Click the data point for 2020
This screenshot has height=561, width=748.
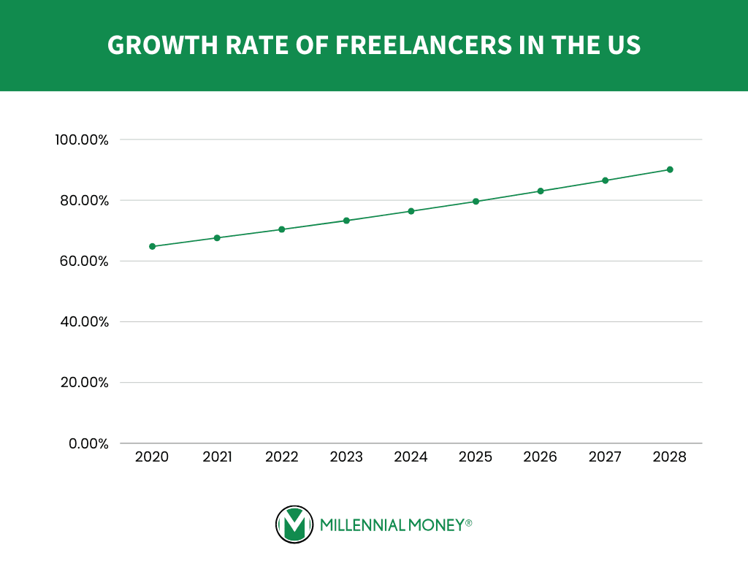pyautogui.click(x=153, y=246)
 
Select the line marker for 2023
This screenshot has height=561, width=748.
pyautogui.click(x=346, y=221)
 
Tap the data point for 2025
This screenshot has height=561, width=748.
pyautogui.click(x=476, y=202)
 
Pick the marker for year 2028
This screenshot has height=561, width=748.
pyautogui.click(x=670, y=169)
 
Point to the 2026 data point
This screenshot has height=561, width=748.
pyautogui.click(x=541, y=191)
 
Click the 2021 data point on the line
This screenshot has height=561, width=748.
pyautogui.click(x=217, y=238)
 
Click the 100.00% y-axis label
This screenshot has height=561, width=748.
pyautogui.click(x=81, y=140)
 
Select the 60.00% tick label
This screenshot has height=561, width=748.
pyautogui.click(x=83, y=262)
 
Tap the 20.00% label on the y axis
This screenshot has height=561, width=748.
pyautogui.click(x=83, y=383)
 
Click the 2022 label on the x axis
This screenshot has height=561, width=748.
pyautogui.click(x=282, y=457)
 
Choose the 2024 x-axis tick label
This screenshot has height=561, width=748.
pyautogui.click(x=411, y=457)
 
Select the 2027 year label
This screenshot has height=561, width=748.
pyautogui.click(x=605, y=457)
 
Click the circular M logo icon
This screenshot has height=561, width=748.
pyautogui.click(x=294, y=524)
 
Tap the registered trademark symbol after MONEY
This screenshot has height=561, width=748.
pyautogui.click(x=469, y=522)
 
